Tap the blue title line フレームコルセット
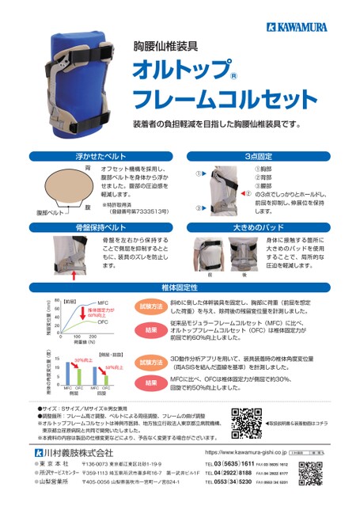point(224,100)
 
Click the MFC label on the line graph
point(103,303)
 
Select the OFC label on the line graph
point(104,322)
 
